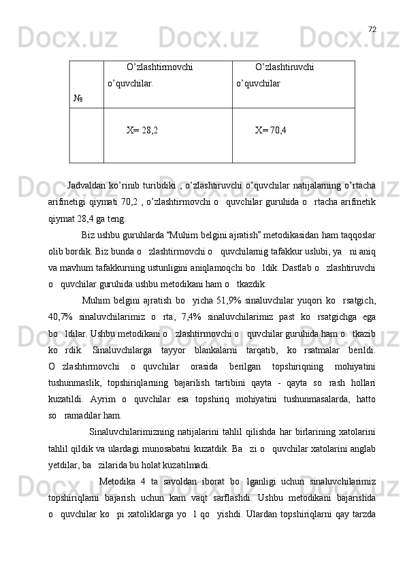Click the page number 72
coord(372,29)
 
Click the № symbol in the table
coord(79,99)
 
